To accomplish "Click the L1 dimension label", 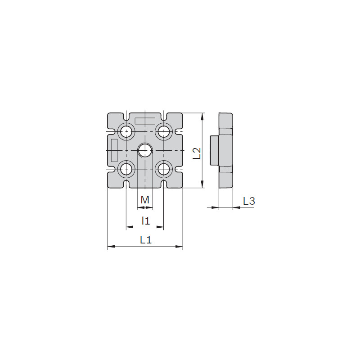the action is [146, 240].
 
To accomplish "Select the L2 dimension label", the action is [197, 153].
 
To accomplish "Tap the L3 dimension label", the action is [249, 201].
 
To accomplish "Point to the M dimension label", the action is [145, 200].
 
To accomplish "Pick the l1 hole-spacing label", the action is [146, 221].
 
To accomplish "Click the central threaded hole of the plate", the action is [145, 151].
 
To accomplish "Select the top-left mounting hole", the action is [126, 132].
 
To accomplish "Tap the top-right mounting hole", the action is [164, 132].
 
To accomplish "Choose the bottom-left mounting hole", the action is [126, 169].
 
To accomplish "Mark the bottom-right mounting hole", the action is [164, 169].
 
